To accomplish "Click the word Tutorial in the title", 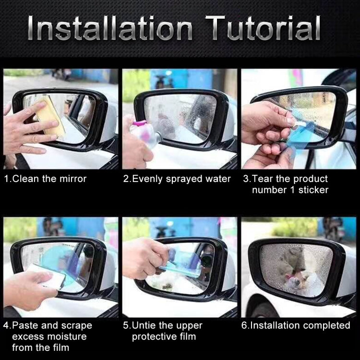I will [x=263, y=28].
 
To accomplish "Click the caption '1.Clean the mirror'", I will [x=46, y=179].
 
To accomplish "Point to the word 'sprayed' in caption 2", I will [x=185, y=179].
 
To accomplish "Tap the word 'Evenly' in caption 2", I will [x=147, y=179].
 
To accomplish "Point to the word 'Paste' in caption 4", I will [x=26, y=325].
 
